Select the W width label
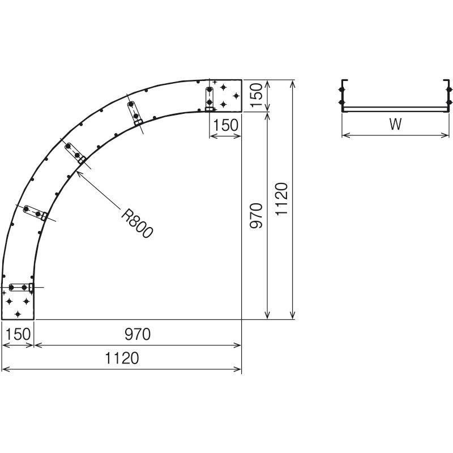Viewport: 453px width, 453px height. [x=395, y=124]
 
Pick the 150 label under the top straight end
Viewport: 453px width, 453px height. [x=225, y=125]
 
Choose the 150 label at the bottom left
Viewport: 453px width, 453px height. [x=18, y=334]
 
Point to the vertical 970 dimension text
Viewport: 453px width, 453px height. [x=256, y=216]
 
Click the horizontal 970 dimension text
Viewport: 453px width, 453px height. [x=138, y=334]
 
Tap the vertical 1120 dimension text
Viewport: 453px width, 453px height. [x=281, y=199]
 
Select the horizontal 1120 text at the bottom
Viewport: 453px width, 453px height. [x=122, y=358]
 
